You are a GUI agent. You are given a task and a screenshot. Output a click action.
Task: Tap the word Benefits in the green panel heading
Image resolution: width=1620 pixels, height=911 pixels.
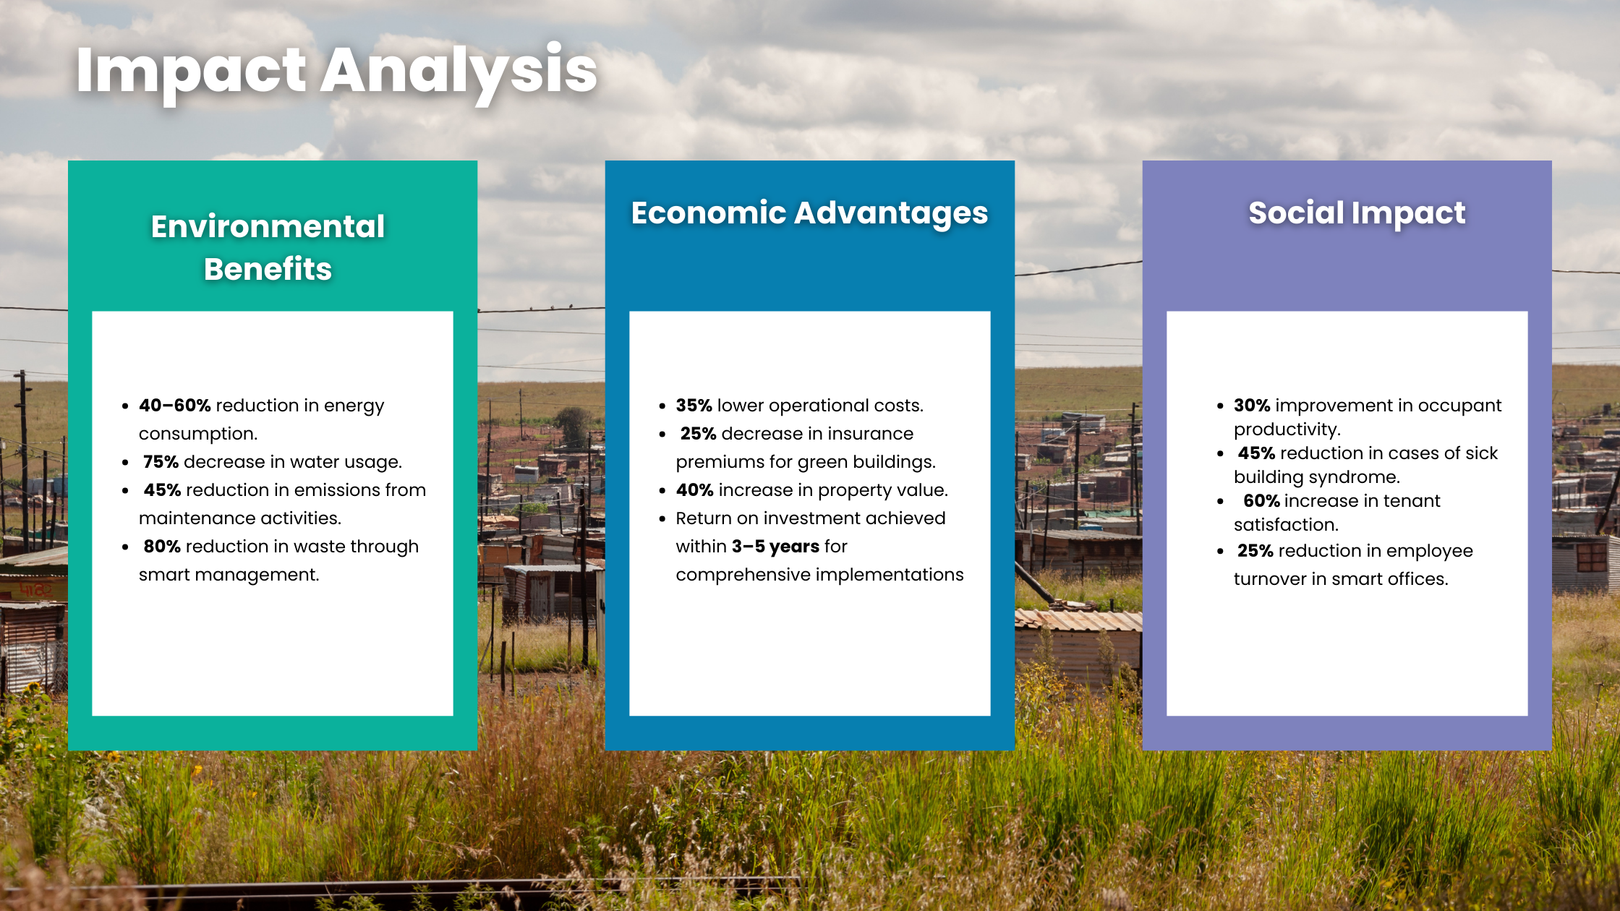click(x=268, y=269)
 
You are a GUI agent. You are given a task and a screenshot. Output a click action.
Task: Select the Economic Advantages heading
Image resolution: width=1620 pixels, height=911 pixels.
click(x=809, y=213)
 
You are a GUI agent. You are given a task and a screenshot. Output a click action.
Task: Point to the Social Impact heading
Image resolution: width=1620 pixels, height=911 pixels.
click(x=1357, y=213)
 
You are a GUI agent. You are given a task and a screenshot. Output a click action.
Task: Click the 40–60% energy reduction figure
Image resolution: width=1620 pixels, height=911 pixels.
click(x=175, y=406)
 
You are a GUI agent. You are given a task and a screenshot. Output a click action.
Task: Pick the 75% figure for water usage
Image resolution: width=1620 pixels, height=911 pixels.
click(x=161, y=462)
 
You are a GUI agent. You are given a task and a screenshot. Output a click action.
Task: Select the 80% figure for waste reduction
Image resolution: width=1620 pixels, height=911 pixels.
click(x=162, y=547)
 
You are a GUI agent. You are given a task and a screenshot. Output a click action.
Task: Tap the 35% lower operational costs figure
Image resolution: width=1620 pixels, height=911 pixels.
click(x=694, y=406)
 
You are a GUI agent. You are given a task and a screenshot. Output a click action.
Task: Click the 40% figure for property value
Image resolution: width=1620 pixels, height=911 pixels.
click(x=695, y=490)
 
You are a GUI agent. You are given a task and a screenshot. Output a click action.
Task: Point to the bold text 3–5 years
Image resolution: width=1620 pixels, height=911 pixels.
click(x=775, y=547)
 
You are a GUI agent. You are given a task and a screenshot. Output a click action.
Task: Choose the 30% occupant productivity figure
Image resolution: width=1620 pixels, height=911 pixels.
click(x=1252, y=406)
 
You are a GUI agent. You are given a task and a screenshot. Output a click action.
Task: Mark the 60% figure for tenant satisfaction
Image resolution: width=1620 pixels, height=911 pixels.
click(x=1261, y=501)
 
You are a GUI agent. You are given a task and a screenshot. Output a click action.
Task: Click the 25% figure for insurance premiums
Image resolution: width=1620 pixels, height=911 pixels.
click(x=698, y=434)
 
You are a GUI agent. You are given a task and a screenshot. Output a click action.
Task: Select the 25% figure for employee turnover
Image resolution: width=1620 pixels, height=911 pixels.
click(x=1255, y=551)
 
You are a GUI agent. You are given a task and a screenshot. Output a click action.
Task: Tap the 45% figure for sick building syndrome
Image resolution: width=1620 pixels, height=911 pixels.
click(x=1256, y=453)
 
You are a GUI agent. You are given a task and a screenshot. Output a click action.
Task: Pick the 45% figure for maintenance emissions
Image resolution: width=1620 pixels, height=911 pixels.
click(x=162, y=490)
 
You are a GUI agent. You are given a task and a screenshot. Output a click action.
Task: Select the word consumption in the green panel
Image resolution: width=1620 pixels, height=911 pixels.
click(x=198, y=435)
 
